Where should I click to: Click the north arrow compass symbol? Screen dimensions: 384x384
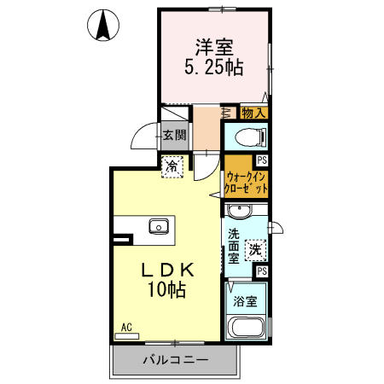click(103, 25)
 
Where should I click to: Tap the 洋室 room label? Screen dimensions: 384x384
click(214, 48)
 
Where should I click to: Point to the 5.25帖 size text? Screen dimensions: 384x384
click(214, 67)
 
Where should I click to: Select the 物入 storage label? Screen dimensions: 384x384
click(253, 113)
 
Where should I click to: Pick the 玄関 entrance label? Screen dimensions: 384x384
click(175, 135)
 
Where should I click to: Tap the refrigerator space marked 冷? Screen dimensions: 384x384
click(172, 167)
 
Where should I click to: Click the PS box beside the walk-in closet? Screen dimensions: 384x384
click(262, 160)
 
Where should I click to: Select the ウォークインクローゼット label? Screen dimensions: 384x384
click(246, 182)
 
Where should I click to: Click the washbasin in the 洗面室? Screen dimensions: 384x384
click(240, 211)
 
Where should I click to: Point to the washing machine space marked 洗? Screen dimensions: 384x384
click(256, 250)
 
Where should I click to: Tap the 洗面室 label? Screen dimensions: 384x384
click(234, 246)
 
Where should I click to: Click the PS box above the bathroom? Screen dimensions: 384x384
click(262, 271)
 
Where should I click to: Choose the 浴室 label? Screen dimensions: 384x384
click(245, 301)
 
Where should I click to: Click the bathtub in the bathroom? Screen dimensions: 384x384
click(247, 327)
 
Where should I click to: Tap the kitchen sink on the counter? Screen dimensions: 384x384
click(159, 226)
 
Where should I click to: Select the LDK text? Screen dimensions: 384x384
click(168, 270)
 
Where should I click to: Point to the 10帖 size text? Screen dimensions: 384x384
click(166, 289)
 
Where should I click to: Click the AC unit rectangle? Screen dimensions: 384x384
click(126, 336)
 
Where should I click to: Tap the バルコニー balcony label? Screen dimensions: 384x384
click(176, 361)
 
